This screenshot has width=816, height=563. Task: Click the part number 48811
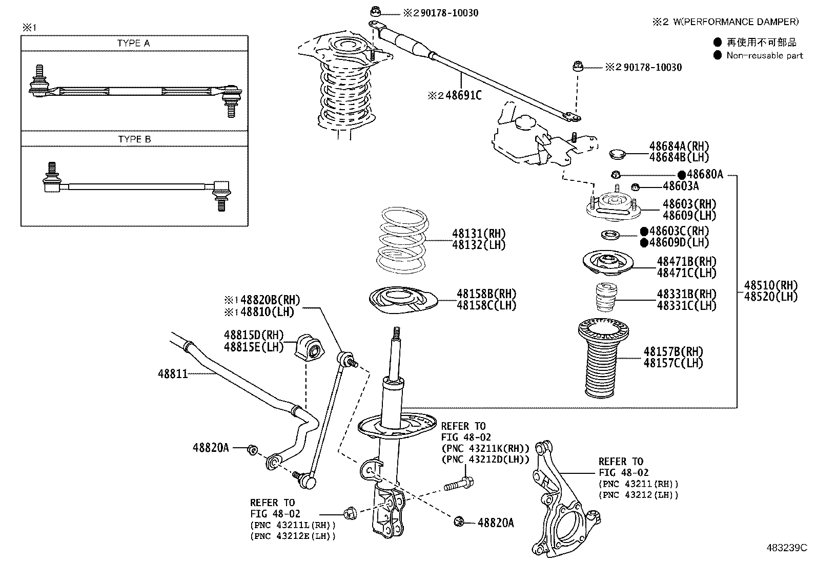[x=172, y=374]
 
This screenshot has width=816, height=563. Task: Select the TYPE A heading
[x=134, y=44]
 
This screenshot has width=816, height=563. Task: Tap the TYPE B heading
[x=134, y=139]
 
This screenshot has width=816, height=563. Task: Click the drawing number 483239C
[x=786, y=547]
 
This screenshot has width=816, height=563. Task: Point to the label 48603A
[x=681, y=186]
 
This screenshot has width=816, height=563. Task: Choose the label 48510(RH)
[x=771, y=285]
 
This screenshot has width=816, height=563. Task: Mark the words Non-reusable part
[x=765, y=55]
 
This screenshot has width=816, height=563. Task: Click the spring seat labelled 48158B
[x=402, y=302]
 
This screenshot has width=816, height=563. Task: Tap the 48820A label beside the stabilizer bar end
[x=210, y=448]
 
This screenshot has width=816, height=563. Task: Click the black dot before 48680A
[x=682, y=175]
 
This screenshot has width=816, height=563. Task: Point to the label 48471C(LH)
[x=686, y=273]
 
